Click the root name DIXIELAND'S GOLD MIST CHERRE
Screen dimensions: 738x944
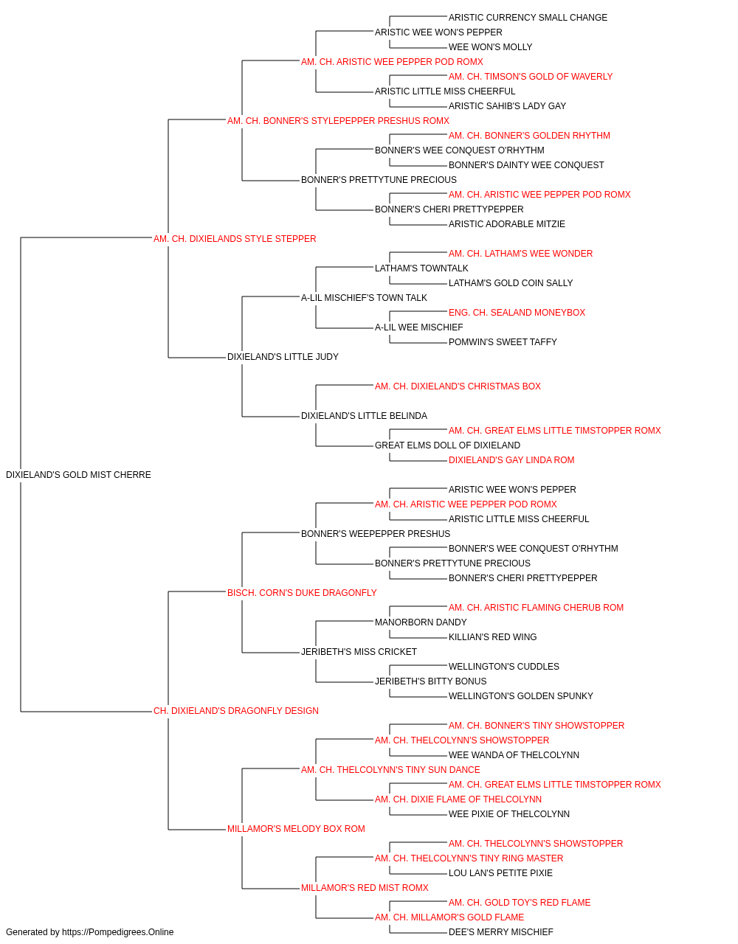pos(78,475)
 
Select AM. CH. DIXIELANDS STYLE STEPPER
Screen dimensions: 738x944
pos(235,239)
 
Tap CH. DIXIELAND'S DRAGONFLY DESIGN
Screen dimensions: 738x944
pos(236,711)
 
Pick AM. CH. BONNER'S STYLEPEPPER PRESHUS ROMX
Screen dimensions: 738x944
pos(338,121)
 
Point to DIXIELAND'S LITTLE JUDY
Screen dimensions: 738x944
pos(283,357)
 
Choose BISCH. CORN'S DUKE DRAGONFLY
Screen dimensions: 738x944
pos(302,592)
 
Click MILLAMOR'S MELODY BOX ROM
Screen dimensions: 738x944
pos(296,829)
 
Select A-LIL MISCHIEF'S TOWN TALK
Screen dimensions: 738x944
pos(365,297)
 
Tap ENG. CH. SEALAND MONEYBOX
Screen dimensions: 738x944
pos(517,313)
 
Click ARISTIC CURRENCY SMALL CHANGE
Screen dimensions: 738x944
pos(528,18)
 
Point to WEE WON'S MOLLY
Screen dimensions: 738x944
pos(490,47)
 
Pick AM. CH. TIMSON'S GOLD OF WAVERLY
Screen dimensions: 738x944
pos(531,77)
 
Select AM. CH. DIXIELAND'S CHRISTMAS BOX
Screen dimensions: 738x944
pos(458,386)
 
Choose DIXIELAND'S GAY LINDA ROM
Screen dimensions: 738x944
pos(511,460)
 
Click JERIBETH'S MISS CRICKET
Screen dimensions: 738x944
pos(359,652)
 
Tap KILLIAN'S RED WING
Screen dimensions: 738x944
pos(492,637)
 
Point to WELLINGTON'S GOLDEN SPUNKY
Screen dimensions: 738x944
pos(521,696)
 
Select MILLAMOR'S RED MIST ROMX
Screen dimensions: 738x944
pos(365,888)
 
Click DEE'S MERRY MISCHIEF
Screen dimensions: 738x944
pos(500,932)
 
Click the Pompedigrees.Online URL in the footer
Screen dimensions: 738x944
pos(118,932)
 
